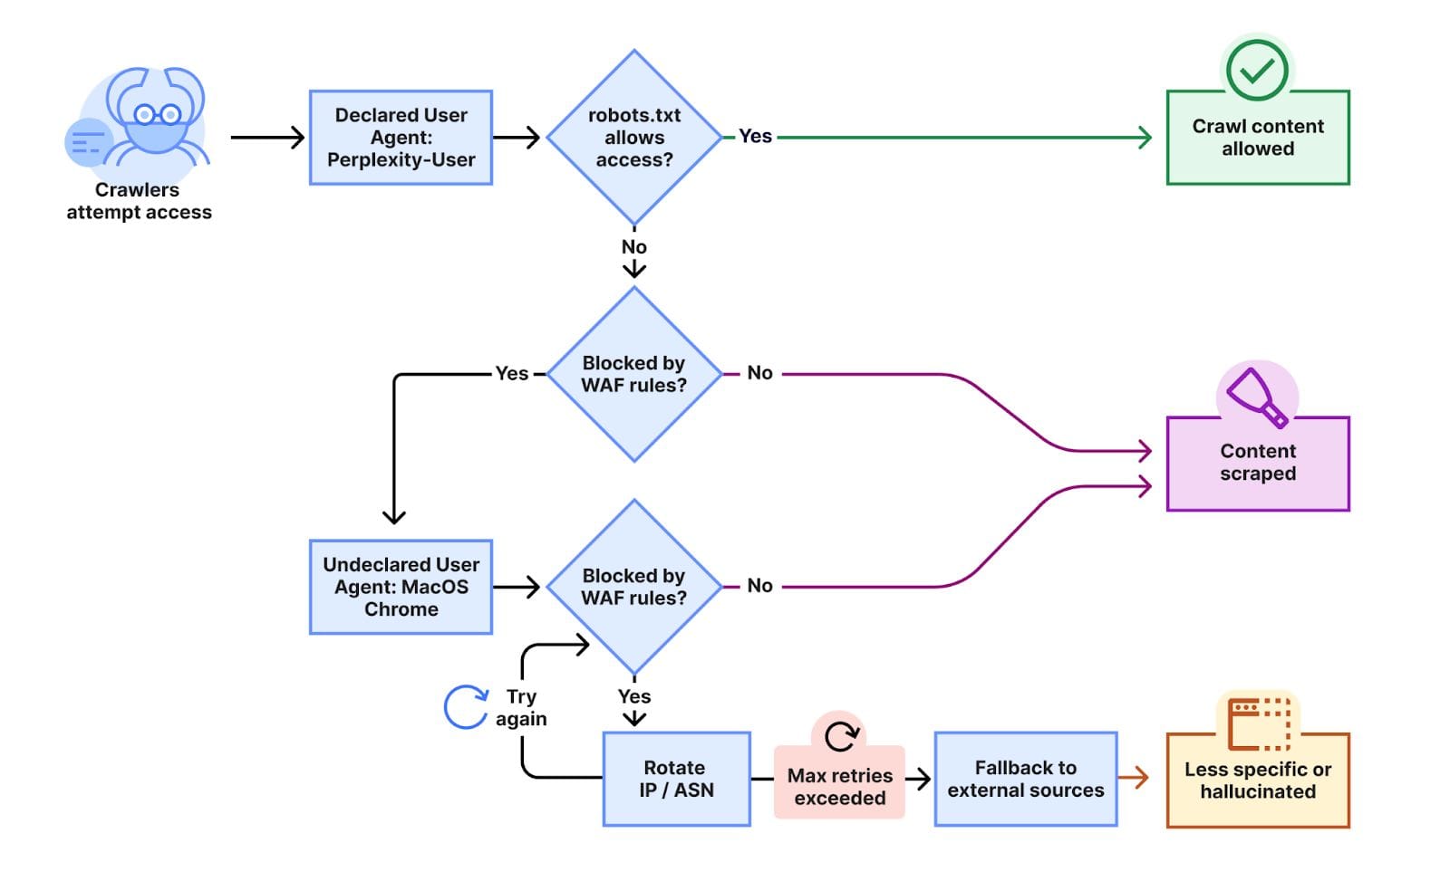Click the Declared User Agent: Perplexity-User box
tap(401, 138)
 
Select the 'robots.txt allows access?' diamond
tap(634, 138)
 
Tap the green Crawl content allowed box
tap(1257, 139)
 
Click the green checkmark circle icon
tap(1257, 70)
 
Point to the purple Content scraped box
tap(1257, 464)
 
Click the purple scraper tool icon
tap(1256, 397)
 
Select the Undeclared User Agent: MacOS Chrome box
tap(401, 587)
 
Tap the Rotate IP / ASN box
tap(676, 779)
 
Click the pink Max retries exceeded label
tap(839, 787)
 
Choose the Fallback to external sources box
tap(1025, 779)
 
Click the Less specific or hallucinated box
tap(1257, 780)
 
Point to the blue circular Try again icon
tap(466, 707)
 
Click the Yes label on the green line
tap(755, 137)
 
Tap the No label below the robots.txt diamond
tap(634, 247)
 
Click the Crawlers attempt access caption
tap(139, 201)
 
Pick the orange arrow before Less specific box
tap(1134, 777)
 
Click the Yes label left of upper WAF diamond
tap(512, 373)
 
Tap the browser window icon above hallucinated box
tap(1259, 723)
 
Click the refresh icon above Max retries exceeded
tap(841, 735)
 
